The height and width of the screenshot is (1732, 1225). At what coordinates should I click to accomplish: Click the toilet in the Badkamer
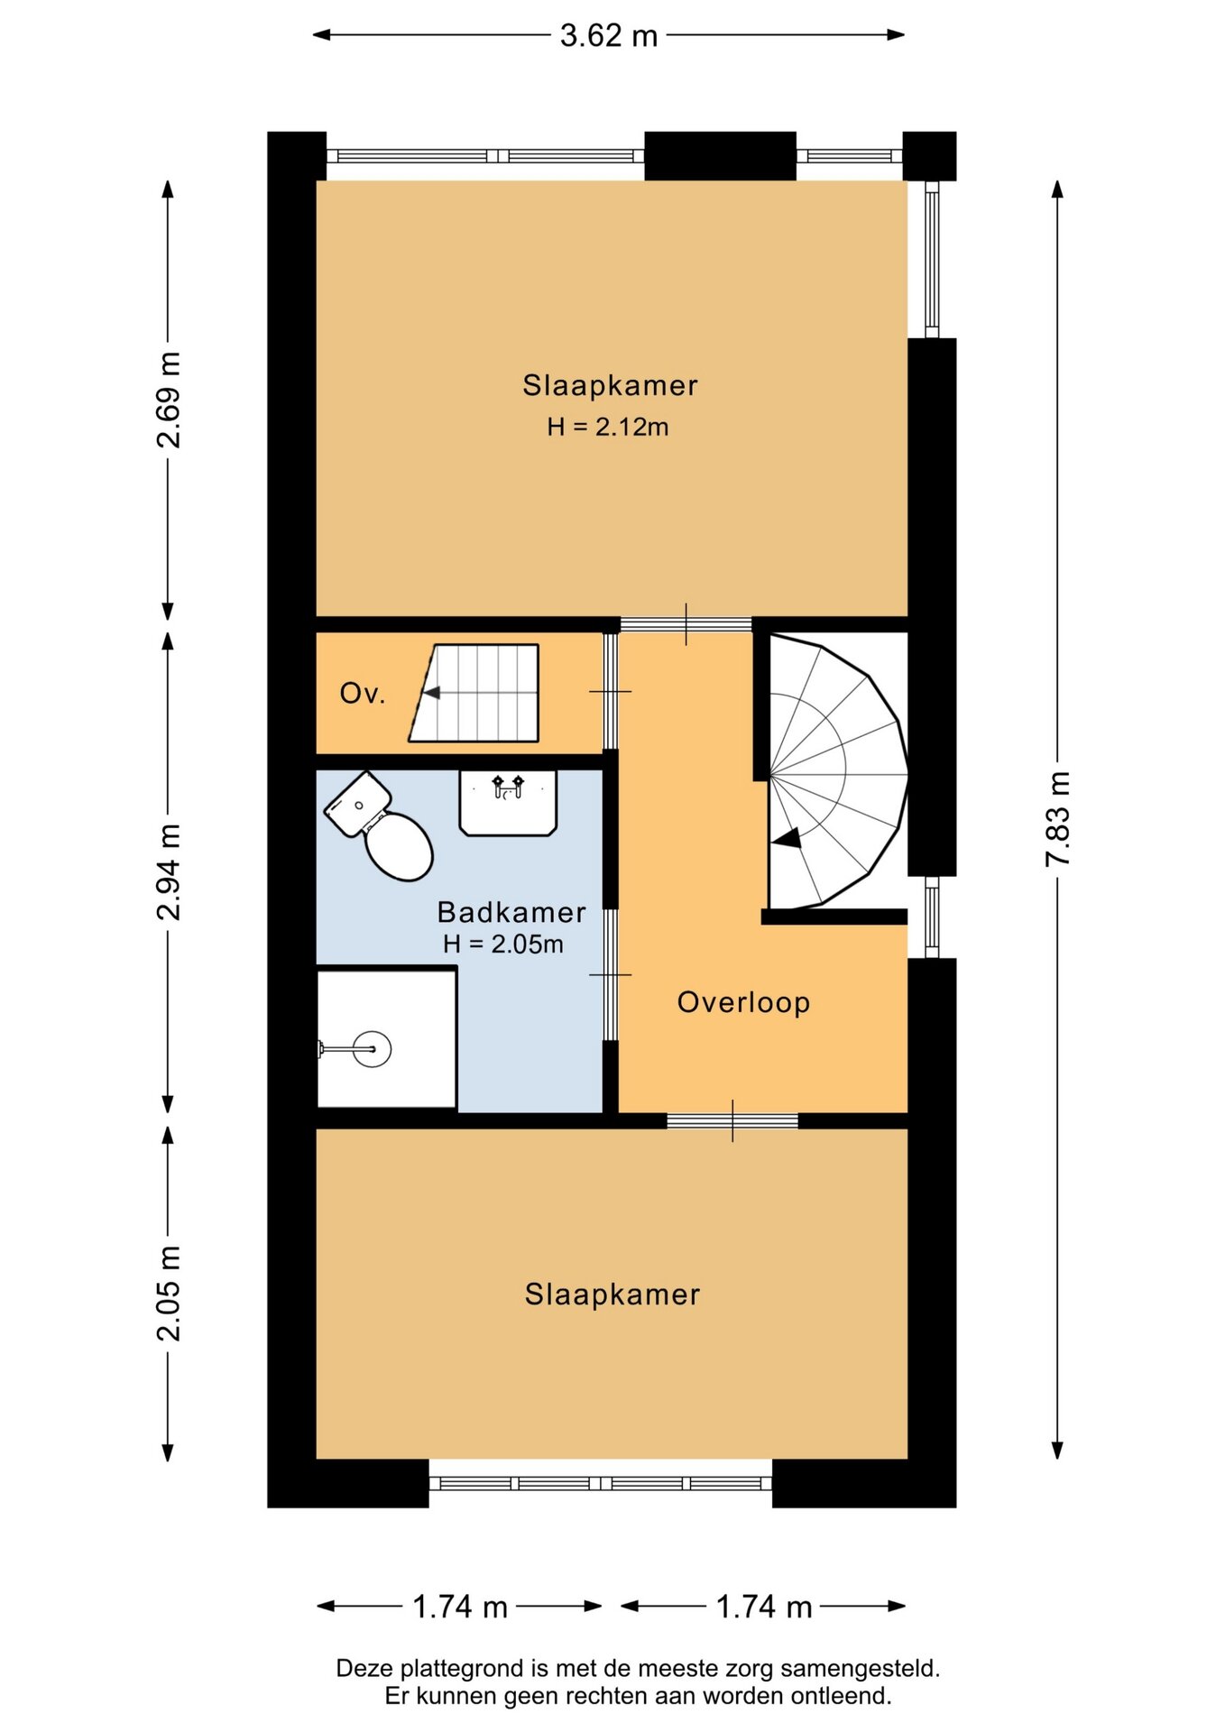click(379, 825)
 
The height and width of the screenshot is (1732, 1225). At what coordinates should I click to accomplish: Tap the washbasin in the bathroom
click(508, 802)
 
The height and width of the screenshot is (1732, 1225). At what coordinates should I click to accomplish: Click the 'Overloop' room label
click(743, 1002)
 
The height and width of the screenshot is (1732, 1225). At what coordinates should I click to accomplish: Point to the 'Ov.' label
click(363, 693)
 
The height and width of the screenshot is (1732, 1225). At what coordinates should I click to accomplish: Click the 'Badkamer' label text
click(511, 912)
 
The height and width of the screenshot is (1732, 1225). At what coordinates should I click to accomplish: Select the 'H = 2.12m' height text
click(608, 427)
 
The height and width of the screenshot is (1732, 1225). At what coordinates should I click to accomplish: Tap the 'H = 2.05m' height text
click(503, 944)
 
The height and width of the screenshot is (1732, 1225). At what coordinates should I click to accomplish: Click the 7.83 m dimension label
click(1058, 819)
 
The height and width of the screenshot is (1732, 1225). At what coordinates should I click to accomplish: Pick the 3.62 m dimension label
click(609, 35)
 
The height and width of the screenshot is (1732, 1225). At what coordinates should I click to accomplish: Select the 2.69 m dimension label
click(169, 400)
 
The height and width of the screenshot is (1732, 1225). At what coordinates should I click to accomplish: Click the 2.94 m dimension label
click(169, 871)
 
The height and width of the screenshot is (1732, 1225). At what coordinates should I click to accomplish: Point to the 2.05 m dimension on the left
click(169, 1293)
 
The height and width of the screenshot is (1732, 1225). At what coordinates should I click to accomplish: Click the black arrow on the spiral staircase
click(787, 839)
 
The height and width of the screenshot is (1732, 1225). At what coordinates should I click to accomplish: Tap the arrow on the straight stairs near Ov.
click(431, 693)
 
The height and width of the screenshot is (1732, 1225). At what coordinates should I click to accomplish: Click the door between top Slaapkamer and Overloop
click(686, 624)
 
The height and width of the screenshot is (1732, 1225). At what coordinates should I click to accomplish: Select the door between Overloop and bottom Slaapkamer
click(732, 1121)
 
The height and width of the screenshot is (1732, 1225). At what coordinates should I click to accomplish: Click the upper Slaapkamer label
click(611, 385)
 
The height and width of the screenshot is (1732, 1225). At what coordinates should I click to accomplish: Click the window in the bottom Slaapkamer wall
click(601, 1483)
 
